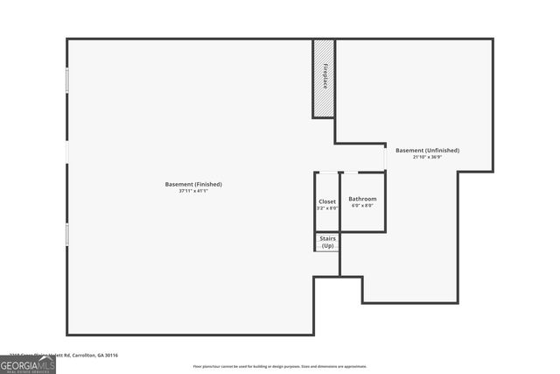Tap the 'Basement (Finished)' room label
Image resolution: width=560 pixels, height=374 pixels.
tap(193, 184)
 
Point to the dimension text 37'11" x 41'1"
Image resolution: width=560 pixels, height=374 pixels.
tap(193, 191)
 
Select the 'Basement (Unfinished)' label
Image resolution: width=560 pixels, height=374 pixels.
tap(427, 150)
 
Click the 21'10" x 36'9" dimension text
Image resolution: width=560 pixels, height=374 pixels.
tap(427, 157)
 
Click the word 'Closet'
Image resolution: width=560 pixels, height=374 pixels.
tap(326, 201)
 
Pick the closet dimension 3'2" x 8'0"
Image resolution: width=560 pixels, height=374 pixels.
tap(326, 208)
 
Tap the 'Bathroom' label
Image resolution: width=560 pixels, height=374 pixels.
tap(362, 199)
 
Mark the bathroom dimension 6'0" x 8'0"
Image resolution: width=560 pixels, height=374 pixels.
tap(362, 206)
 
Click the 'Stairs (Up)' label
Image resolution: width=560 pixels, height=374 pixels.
tap(327, 242)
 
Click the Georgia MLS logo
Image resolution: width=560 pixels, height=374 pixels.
tap(27, 363)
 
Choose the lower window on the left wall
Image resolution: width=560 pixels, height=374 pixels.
tap(66, 234)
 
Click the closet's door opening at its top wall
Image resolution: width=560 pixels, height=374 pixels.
tap(326, 173)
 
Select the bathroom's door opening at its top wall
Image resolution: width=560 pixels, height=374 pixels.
tap(349, 173)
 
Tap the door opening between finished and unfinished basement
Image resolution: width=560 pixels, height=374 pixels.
tap(385, 158)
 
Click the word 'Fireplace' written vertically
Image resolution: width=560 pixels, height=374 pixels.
tap(325, 76)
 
